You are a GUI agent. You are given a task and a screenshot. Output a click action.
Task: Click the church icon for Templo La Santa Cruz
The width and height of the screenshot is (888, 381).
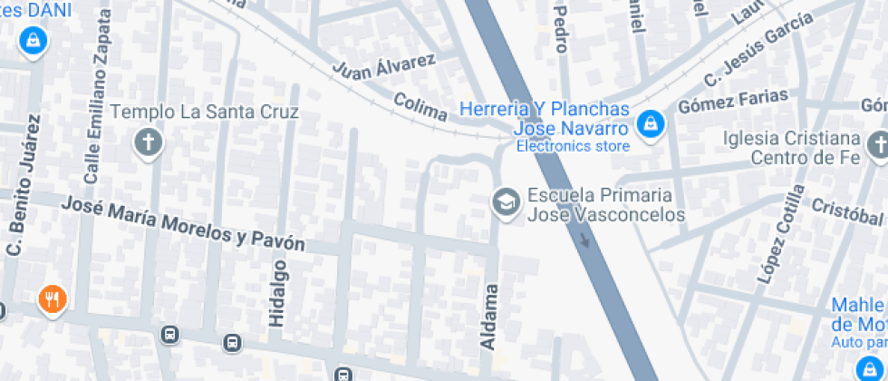(x=146, y=142)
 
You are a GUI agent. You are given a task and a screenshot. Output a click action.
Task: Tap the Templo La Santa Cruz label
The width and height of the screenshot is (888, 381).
(x=204, y=113)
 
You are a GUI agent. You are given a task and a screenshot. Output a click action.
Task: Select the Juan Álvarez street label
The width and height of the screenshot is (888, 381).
(x=383, y=64)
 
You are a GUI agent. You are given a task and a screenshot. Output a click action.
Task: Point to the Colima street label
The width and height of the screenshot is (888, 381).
(x=420, y=107)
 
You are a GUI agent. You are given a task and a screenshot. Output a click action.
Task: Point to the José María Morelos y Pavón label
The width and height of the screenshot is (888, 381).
(x=182, y=223)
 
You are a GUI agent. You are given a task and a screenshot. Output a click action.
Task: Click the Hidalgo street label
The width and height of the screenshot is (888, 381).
(x=277, y=291)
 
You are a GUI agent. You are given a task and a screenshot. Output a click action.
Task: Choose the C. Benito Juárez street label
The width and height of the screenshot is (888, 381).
(x=24, y=185)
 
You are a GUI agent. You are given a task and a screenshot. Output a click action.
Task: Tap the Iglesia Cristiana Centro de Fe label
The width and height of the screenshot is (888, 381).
(x=792, y=149)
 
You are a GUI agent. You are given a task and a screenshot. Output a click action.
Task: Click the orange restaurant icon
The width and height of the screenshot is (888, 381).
(x=52, y=298)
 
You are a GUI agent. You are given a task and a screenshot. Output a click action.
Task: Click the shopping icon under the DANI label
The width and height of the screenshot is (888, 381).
(x=33, y=40)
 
